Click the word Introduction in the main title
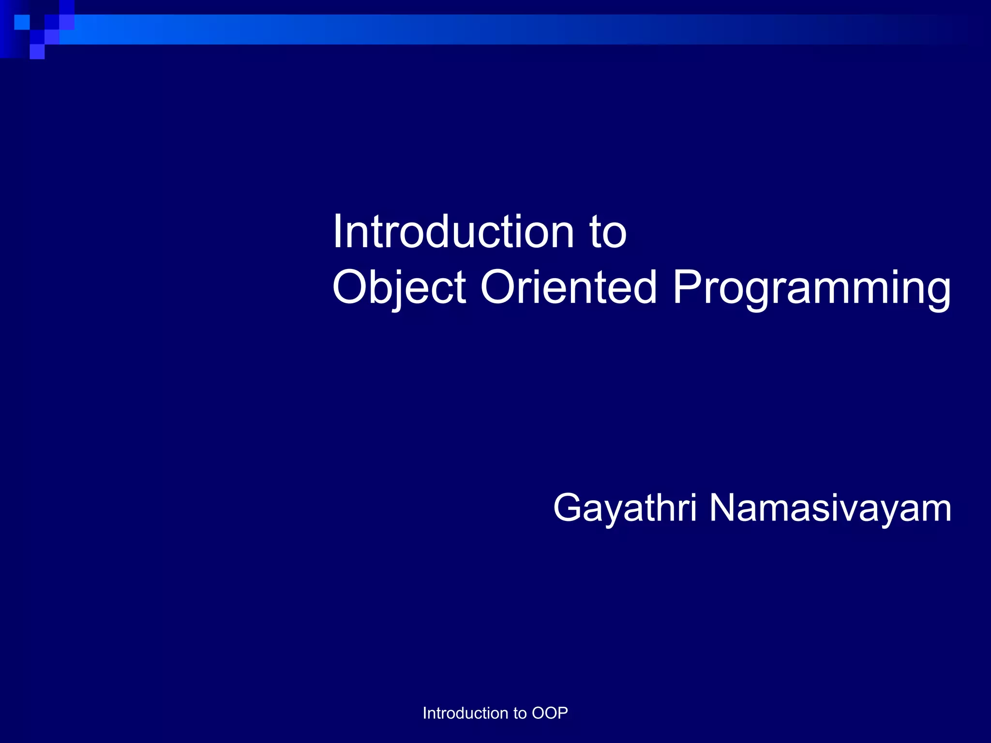click(x=452, y=232)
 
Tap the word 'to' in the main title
click(x=608, y=233)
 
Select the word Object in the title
click(x=399, y=288)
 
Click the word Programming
click(x=811, y=288)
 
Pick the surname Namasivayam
click(x=830, y=509)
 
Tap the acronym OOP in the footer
click(x=550, y=713)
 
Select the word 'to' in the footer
click(x=520, y=713)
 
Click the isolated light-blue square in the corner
click(x=22, y=22)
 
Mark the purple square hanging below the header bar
click(x=37, y=52)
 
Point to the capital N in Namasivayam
click(x=725, y=508)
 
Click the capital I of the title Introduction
click(x=338, y=232)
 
